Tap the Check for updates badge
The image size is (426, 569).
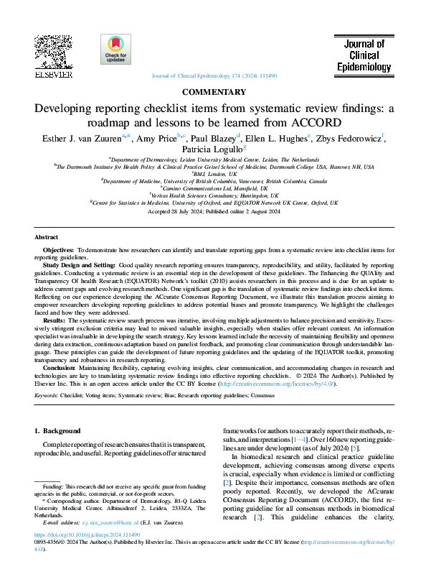115,50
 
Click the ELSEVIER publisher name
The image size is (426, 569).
53,74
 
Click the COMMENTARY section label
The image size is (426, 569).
213,92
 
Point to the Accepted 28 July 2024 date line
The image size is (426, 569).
213,212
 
